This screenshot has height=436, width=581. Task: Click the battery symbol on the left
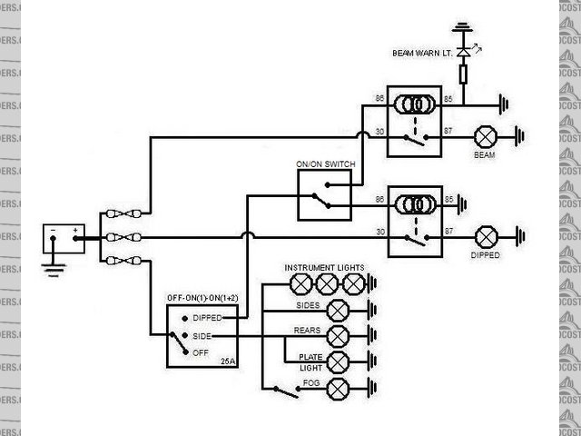(64, 240)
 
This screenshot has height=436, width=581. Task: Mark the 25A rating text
(227, 362)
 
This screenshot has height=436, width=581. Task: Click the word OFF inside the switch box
(200, 352)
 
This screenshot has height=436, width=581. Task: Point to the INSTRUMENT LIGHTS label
(324, 268)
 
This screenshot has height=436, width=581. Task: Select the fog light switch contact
(285, 391)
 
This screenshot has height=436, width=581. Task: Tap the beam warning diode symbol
(463, 54)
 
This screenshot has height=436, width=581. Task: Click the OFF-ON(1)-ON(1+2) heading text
(202, 298)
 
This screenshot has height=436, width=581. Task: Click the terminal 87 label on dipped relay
(448, 231)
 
